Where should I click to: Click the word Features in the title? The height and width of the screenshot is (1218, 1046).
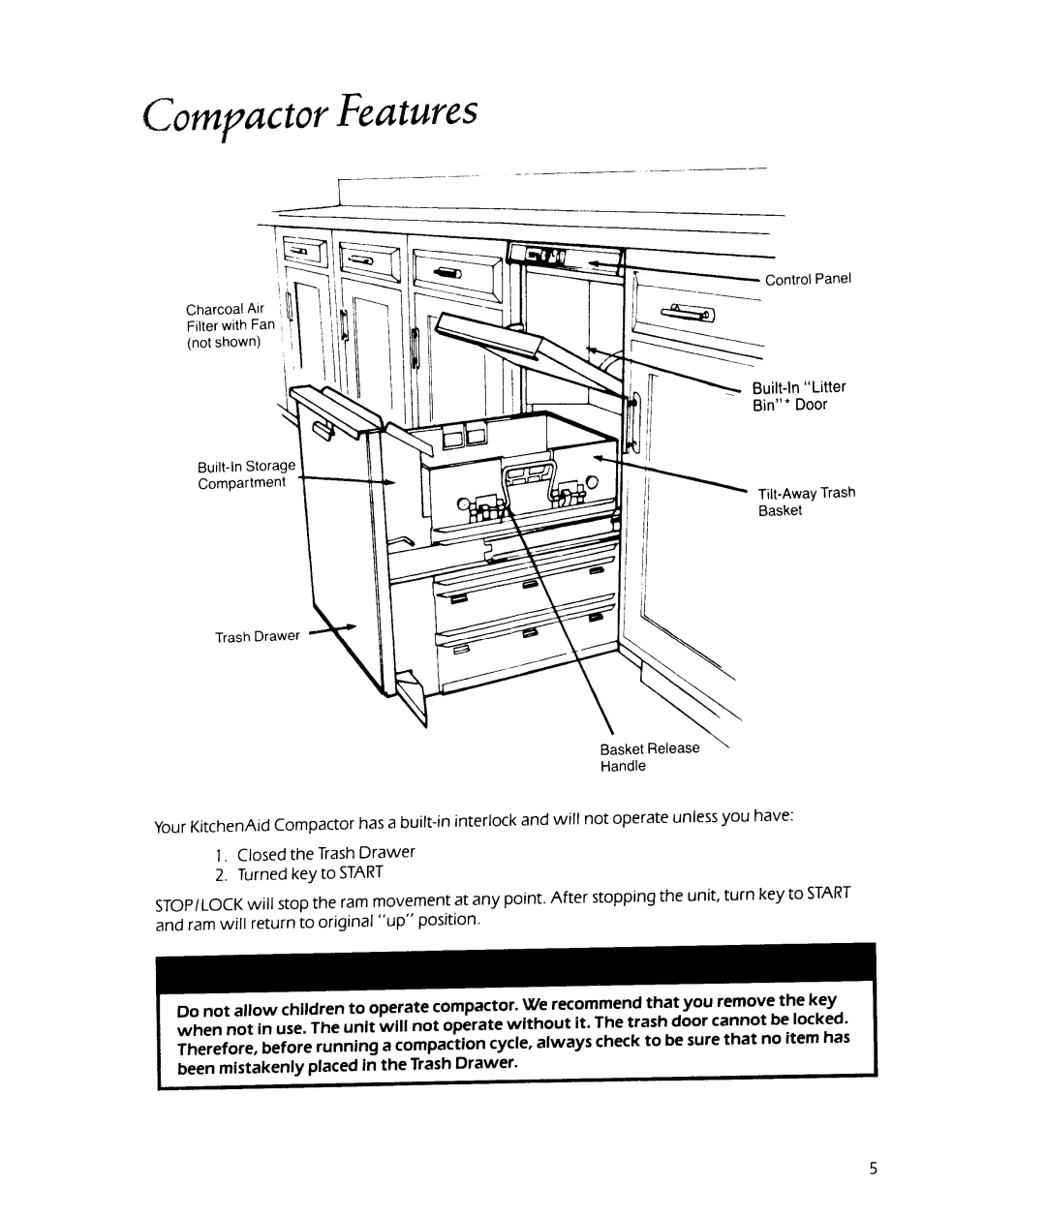click(407, 109)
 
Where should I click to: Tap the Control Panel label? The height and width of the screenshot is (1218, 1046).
click(808, 279)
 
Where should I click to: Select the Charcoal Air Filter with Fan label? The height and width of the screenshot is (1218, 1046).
click(231, 325)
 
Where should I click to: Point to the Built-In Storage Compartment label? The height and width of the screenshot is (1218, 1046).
click(246, 474)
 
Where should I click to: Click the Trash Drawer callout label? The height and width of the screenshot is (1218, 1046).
click(257, 636)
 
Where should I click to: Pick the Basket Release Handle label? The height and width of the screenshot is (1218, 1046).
click(649, 757)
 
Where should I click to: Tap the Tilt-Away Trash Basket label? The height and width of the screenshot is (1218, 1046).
click(806, 502)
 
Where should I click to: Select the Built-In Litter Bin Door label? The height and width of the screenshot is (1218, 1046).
click(798, 396)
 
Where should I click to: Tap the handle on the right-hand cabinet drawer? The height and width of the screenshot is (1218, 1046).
click(688, 313)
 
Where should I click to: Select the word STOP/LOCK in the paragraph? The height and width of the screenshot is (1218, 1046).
click(199, 905)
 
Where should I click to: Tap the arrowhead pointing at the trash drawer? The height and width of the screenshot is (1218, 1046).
click(351, 627)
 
